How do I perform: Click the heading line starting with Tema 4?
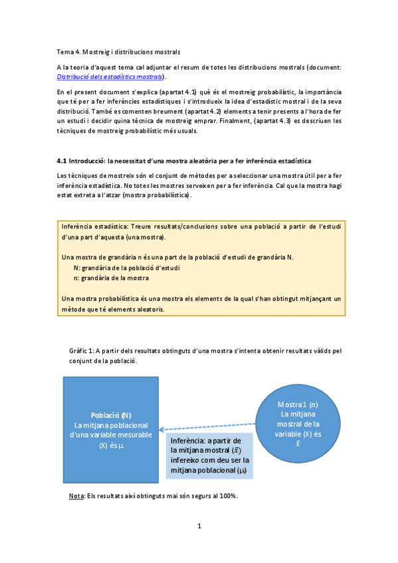pos(118,51)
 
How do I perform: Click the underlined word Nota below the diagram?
pos(76,497)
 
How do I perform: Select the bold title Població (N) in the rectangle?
pos(112,415)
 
